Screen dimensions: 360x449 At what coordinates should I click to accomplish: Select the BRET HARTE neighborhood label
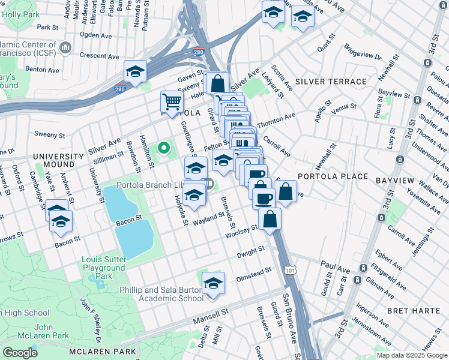pos(414,311)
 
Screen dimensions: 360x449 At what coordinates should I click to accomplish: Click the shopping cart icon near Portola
pos(172,101)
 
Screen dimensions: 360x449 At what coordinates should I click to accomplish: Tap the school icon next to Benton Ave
pos(136,71)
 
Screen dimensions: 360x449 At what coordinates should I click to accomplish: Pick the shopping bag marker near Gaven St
pos(217,82)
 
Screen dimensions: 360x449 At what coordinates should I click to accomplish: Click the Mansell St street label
pos(211,312)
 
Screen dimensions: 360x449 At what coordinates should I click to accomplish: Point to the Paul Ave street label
pos(334,263)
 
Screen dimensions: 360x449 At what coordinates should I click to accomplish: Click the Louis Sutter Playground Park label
pos(104,268)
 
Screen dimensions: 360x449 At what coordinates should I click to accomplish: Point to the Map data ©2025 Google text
pos(412,355)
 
